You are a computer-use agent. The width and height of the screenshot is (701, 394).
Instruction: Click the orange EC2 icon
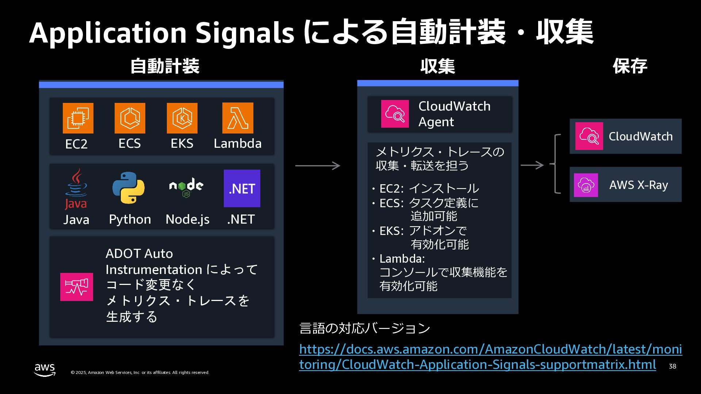(x=78, y=118)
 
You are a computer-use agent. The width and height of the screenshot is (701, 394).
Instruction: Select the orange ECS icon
(x=130, y=118)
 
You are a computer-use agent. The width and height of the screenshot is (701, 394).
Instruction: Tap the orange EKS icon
(x=182, y=118)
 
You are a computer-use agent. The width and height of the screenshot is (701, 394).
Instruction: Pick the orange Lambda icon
(x=238, y=118)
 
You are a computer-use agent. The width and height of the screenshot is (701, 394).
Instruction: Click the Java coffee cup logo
(x=76, y=189)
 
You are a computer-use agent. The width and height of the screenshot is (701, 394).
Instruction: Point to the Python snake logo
(x=129, y=188)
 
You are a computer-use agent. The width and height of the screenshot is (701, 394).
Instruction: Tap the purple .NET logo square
(x=242, y=188)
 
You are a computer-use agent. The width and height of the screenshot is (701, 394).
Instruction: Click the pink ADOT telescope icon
(x=77, y=287)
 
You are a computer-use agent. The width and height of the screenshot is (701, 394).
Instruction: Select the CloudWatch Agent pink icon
(x=395, y=114)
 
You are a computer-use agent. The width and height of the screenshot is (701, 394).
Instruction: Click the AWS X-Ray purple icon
(x=586, y=185)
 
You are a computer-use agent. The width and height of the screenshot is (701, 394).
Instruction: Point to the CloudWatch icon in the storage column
(x=589, y=136)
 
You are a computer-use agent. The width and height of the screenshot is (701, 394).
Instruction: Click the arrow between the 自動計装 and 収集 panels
(x=318, y=166)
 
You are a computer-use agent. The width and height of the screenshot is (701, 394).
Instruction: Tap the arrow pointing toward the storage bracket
(x=532, y=165)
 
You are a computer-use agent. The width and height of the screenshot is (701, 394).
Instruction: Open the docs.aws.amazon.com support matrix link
(x=491, y=357)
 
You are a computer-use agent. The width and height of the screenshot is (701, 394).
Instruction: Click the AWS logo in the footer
(x=45, y=370)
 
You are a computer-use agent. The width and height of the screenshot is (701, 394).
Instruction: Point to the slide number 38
(x=673, y=366)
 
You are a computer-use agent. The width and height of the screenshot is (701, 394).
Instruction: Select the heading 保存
(x=630, y=66)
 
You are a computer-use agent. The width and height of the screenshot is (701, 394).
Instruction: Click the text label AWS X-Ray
(x=639, y=185)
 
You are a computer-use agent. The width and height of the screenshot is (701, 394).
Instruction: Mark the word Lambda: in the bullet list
(x=402, y=259)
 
